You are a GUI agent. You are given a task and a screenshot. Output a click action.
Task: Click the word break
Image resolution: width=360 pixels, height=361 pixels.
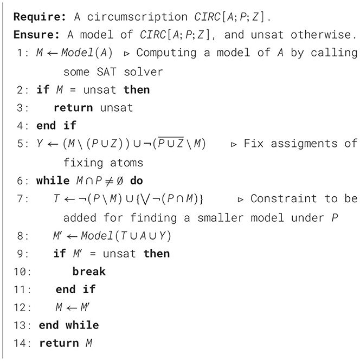89,271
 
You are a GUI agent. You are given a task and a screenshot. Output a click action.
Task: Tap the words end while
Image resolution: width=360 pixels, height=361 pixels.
69,325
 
